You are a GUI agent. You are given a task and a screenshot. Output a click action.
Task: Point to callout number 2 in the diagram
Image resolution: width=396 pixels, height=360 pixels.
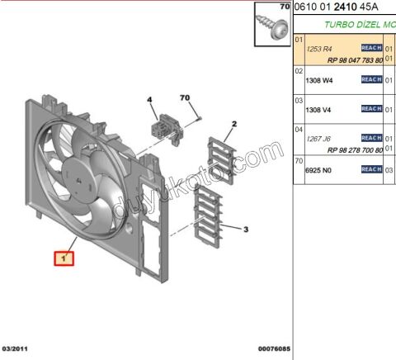click(x=233, y=124)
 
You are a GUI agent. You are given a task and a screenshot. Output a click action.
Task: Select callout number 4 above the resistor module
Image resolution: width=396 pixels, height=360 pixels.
click(x=151, y=100)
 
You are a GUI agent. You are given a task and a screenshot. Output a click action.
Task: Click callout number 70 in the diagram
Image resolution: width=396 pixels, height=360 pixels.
click(x=186, y=98)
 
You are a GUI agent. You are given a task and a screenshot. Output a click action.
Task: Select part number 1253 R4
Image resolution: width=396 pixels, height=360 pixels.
click(x=318, y=50)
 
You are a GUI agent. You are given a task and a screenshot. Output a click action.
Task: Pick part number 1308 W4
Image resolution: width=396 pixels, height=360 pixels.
click(x=318, y=79)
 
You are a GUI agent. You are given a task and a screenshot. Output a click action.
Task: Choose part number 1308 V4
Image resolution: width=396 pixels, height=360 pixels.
click(x=318, y=109)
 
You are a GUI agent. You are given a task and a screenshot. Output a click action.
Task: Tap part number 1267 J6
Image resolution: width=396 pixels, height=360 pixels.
click(x=318, y=139)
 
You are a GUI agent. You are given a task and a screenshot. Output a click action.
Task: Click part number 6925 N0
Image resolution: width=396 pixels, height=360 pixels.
click(x=318, y=168)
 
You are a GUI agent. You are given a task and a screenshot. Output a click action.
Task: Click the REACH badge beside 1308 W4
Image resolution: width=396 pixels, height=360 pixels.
click(x=371, y=79)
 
